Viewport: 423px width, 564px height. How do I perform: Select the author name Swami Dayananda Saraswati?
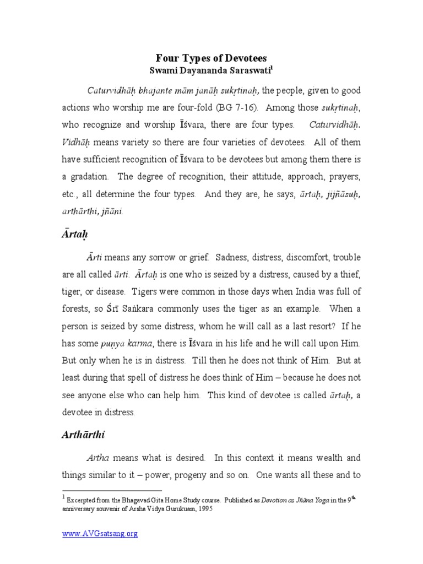[x=211, y=70]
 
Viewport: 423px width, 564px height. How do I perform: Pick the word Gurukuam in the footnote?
[x=166, y=509]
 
